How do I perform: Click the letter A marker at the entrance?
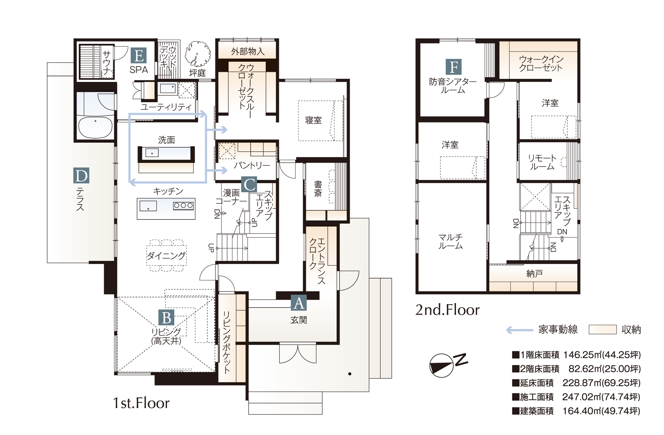[299, 303]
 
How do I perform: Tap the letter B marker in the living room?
[166, 317]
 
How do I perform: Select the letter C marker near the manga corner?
[249, 185]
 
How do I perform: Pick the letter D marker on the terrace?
[81, 176]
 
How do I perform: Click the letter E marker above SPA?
[139, 55]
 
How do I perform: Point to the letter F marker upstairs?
[454, 67]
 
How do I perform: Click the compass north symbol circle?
[441, 365]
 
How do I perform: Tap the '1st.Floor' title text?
[141, 403]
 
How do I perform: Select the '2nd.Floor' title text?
[448, 310]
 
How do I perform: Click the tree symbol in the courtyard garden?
[198, 54]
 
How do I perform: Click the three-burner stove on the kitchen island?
[183, 206]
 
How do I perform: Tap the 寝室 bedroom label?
[314, 120]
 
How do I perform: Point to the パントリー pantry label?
[252, 165]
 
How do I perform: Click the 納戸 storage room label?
[535, 274]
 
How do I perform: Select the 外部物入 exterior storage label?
[248, 51]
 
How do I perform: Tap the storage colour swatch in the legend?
[602, 330]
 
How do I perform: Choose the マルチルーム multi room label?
[451, 241]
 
